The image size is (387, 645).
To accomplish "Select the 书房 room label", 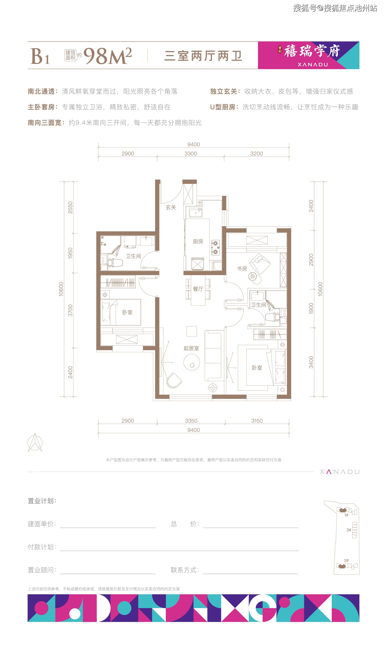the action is coord(242,269).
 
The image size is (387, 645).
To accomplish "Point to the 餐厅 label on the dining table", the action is coord(198,289).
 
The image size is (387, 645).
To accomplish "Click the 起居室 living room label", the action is coord(191,348).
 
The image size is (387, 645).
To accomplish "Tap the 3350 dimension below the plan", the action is coord(191,421).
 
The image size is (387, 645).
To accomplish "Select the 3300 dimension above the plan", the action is coord(191,154).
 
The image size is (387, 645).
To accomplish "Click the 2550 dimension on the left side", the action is coord(70,208).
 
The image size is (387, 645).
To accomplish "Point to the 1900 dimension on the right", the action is coord(311,308).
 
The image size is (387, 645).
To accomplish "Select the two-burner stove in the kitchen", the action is coord(215,248).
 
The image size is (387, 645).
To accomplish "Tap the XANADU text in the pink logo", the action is coord(313,65).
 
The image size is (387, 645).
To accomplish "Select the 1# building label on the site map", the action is coord(346,515).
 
